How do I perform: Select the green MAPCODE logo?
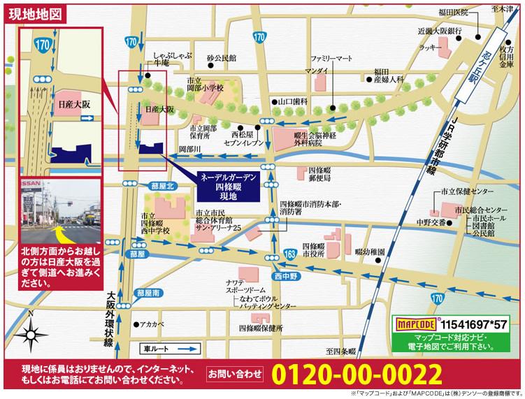[x=417, y=325]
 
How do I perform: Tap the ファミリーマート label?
[x=332, y=59]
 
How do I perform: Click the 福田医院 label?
[x=452, y=12]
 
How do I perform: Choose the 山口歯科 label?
[x=294, y=101]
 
